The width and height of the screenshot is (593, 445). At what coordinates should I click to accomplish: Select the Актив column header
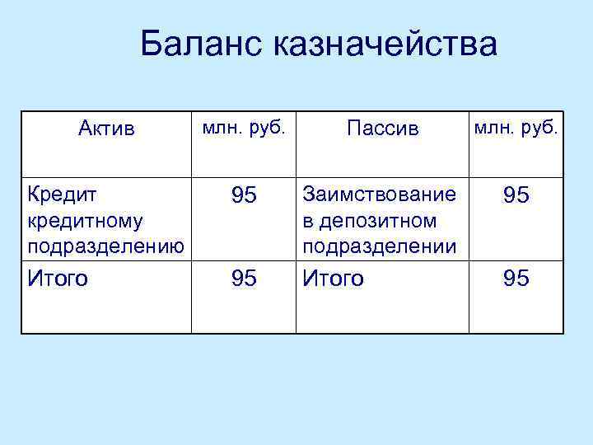click(x=106, y=129)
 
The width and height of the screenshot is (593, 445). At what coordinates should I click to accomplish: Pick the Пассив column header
click(x=383, y=129)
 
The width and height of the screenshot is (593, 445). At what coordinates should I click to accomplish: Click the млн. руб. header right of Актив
click(x=244, y=127)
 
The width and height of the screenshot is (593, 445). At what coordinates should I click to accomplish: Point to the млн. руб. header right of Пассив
click(x=516, y=127)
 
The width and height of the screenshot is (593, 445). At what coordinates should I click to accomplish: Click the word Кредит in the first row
click(x=62, y=195)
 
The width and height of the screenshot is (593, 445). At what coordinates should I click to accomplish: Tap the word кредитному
click(x=85, y=221)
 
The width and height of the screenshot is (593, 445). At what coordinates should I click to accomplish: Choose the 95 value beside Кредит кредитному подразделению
click(x=244, y=196)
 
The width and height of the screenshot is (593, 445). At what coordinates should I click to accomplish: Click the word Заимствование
click(x=379, y=195)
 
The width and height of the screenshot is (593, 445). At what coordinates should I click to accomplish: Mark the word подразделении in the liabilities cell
click(x=381, y=246)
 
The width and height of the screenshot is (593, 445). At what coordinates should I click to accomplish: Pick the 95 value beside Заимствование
click(x=516, y=196)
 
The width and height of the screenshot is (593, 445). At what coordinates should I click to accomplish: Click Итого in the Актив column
click(x=58, y=279)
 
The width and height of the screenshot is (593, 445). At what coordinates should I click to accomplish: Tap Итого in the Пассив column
click(x=334, y=279)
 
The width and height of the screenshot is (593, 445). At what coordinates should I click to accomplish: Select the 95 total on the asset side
click(x=244, y=279)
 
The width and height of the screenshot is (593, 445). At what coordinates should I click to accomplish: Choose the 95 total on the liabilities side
click(x=516, y=279)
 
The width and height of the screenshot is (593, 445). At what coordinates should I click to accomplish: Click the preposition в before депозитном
click(x=308, y=222)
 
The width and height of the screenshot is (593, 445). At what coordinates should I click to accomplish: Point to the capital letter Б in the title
click(x=151, y=44)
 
